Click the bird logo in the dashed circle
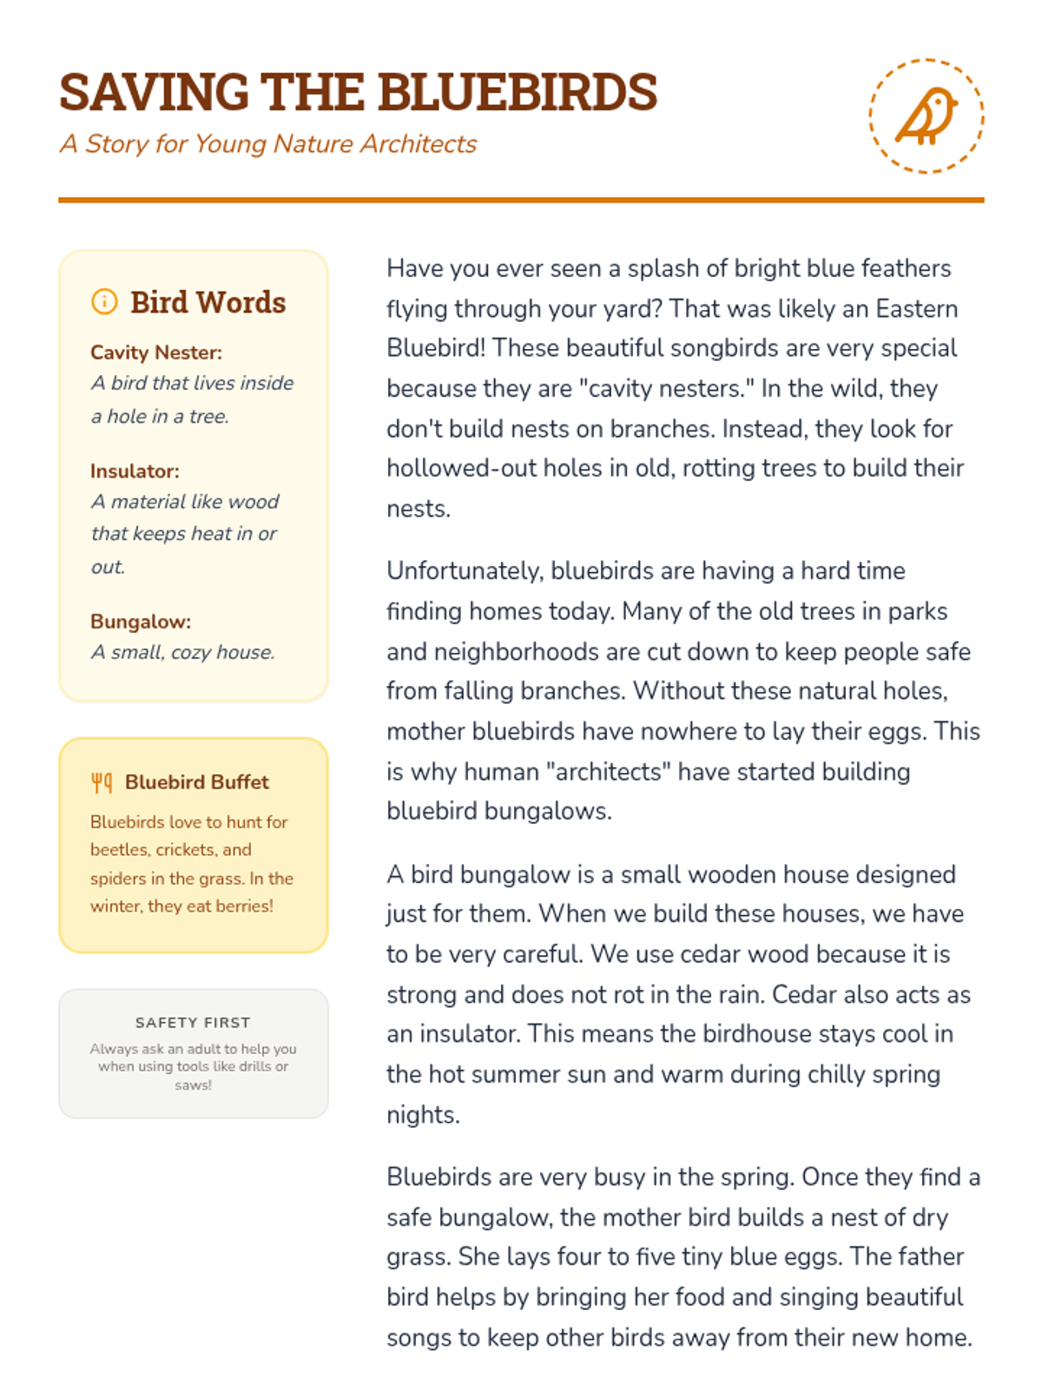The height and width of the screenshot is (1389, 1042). [x=927, y=116]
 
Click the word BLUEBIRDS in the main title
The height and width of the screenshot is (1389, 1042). [x=518, y=92]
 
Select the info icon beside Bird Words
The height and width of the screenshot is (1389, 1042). [x=104, y=302]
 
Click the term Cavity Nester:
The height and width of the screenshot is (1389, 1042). [x=156, y=352]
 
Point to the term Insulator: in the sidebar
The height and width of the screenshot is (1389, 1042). [x=135, y=471]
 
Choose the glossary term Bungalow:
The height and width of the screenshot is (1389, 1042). [x=141, y=622]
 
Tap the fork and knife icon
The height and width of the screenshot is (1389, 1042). [x=102, y=783]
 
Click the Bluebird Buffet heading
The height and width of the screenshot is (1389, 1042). [x=197, y=782]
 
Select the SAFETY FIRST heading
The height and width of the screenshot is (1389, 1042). [x=193, y=1023]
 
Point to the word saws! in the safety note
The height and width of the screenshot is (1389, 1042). [x=193, y=1085]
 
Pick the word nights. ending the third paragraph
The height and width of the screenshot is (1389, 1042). [x=423, y=1115]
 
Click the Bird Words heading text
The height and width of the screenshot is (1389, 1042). [x=208, y=302]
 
